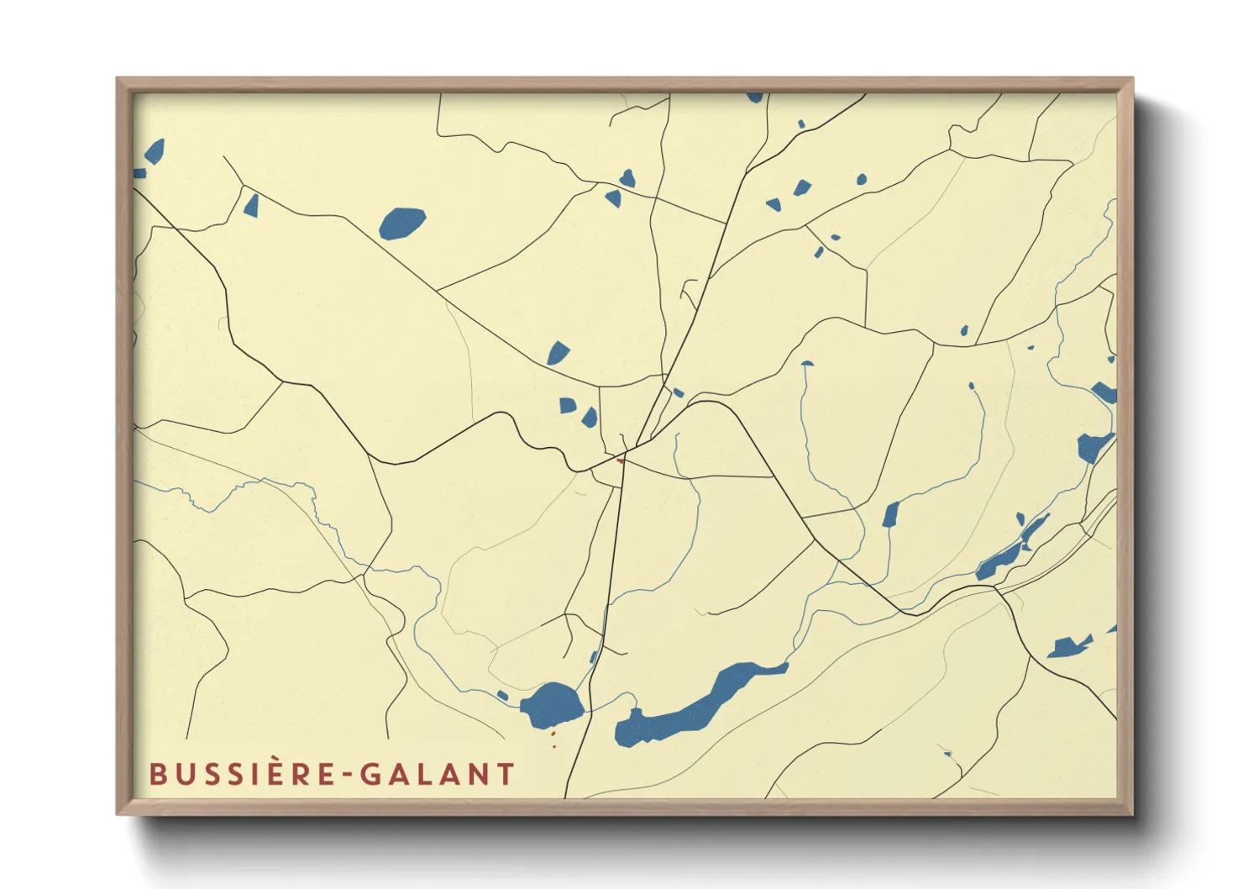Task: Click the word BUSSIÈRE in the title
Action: click(241, 774)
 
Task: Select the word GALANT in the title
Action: click(438, 774)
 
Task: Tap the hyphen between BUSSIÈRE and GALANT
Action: click(346, 775)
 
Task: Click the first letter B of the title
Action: click(157, 774)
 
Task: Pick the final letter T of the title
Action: click(506, 774)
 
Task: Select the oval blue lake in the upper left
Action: click(402, 223)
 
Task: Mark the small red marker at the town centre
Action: click(621, 460)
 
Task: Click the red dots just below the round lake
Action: click(553, 739)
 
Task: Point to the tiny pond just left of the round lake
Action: click(502, 695)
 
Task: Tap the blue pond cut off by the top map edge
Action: click(755, 97)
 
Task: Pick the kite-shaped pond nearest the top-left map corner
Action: click(155, 151)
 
